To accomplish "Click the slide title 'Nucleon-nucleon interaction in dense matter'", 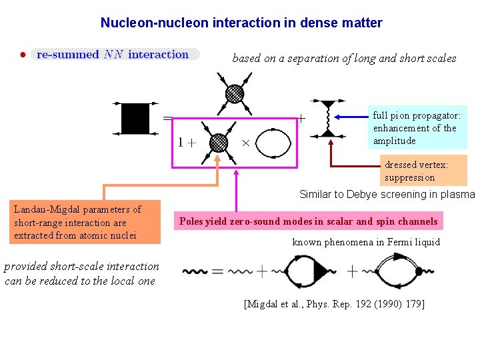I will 241,23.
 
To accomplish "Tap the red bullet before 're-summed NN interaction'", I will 23,55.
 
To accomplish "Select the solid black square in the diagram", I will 135,118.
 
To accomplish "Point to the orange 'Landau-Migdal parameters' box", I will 84,223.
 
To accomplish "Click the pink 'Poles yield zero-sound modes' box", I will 309,221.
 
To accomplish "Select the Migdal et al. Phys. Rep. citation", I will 335,304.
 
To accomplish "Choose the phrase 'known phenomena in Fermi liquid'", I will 366,242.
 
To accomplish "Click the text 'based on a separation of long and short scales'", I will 344,58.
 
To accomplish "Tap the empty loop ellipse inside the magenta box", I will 274,143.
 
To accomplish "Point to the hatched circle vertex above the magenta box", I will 235,94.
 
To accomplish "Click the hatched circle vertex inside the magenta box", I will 218,143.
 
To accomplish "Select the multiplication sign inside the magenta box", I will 245,143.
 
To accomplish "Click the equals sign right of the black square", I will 168,118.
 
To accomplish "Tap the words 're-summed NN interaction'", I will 112,55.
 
